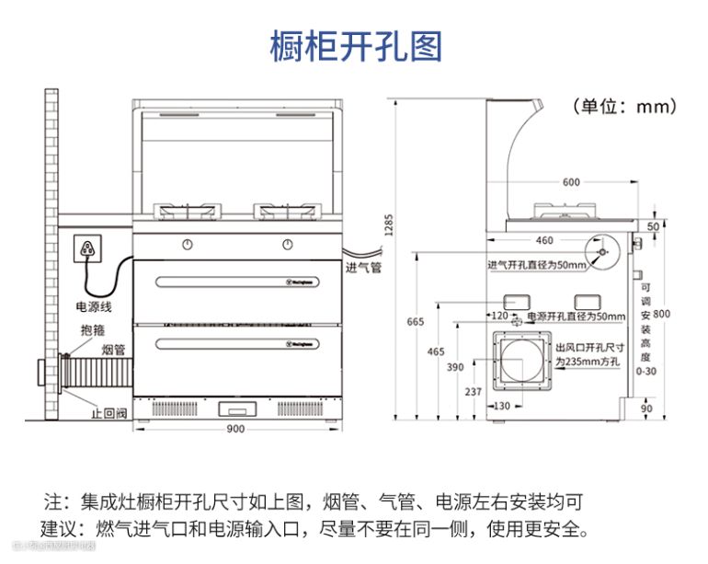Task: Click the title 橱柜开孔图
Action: tap(355, 45)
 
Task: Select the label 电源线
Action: tap(93, 305)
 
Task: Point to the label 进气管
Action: tap(362, 269)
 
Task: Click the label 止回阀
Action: tap(108, 413)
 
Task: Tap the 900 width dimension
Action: tap(235, 430)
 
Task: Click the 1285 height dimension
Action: tap(389, 223)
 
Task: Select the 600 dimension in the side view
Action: tap(571, 182)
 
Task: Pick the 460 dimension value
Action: tap(544, 241)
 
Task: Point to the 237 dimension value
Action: tap(474, 392)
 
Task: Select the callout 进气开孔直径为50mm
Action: tap(536, 266)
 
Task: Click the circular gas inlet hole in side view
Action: tap(602, 250)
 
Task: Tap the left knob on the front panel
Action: tap(187, 245)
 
